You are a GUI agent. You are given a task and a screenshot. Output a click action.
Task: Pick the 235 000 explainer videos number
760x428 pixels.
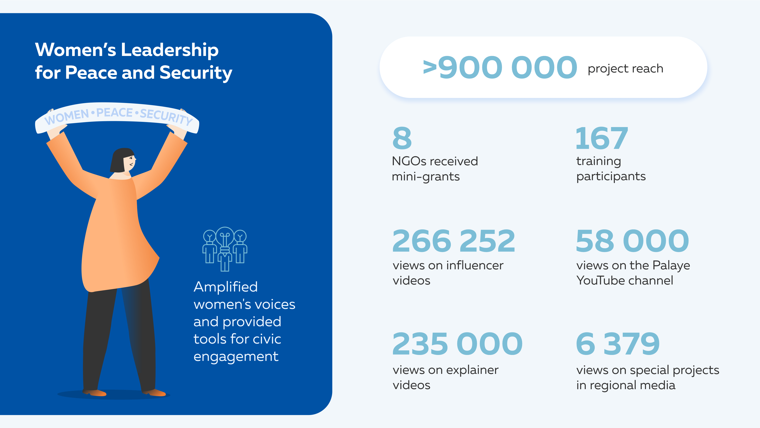pyautogui.click(x=457, y=344)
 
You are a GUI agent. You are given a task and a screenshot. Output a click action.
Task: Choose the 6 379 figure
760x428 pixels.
pyautogui.click(x=617, y=344)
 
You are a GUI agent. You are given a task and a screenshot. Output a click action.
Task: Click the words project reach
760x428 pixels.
pyautogui.click(x=625, y=69)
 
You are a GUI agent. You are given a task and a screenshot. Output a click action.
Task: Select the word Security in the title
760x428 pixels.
pyautogui.click(x=196, y=73)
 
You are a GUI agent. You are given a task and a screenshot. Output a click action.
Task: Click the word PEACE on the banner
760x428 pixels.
pyautogui.click(x=114, y=113)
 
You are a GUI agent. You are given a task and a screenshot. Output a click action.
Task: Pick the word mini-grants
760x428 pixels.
pyautogui.click(x=425, y=177)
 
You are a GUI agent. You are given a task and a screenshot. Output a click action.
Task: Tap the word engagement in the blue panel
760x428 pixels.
pyautogui.click(x=236, y=357)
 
